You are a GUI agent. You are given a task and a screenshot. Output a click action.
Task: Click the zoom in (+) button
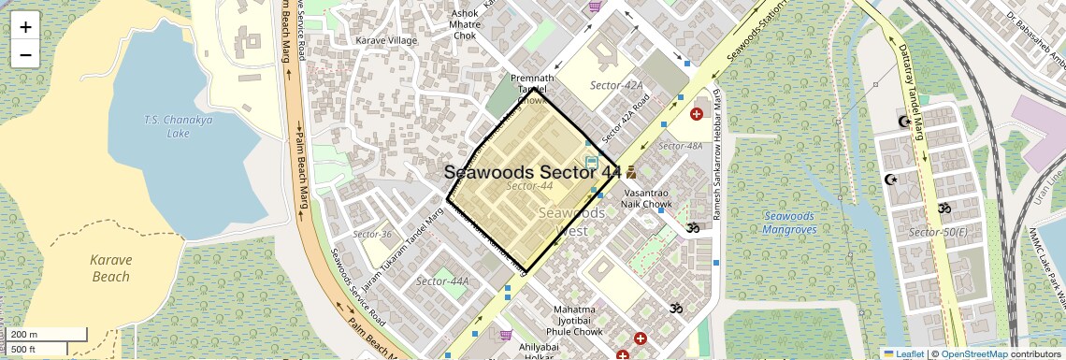tap(25, 26)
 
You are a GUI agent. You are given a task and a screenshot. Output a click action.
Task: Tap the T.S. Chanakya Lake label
tap(166, 126)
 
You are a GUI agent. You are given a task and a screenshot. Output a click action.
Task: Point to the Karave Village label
tap(386, 41)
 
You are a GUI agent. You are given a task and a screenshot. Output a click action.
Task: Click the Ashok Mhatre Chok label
tap(465, 24)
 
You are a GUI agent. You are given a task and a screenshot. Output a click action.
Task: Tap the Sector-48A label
tap(680, 146)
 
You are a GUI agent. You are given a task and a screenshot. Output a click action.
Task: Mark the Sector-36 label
tap(372, 234)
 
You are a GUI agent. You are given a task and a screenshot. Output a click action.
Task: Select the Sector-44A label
tap(442, 281)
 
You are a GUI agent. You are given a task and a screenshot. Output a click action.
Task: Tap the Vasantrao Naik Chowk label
tap(647, 198)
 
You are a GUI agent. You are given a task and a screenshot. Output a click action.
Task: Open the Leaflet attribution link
tap(903, 353)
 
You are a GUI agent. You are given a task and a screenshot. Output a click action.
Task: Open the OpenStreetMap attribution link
tap(974, 353)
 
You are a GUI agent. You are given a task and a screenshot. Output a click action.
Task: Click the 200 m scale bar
tap(47, 335)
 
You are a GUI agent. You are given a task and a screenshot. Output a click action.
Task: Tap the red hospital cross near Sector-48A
tap(696, 114)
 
